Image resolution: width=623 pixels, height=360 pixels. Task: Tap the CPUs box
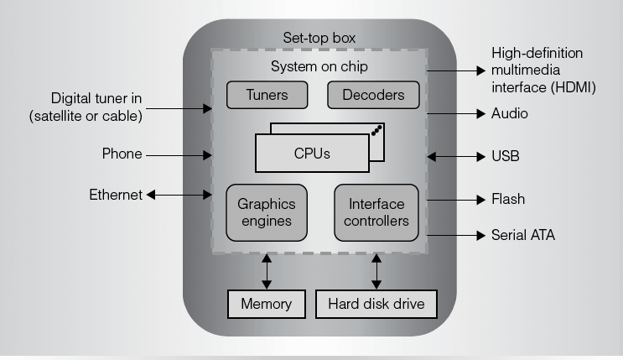tap(311, 154)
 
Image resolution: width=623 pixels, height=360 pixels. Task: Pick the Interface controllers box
tap(376, 213)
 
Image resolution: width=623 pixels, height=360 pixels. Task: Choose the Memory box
tap(267, 304)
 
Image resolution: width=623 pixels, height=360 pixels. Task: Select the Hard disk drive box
tap(376, 304)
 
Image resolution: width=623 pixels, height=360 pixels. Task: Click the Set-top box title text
tap(319, 38)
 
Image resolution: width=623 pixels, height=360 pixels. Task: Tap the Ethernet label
tap(116, 195)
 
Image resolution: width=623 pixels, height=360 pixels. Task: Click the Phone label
tap(122, 154)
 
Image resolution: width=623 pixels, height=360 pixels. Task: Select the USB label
tap(505, 156)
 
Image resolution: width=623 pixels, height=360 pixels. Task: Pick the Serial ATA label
tap(522, 236)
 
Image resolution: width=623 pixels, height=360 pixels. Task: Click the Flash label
tap(507, 200)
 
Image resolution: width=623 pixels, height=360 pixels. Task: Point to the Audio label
tap(509, 112)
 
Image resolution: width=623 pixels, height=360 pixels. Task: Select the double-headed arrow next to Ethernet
tap(179, 195)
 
